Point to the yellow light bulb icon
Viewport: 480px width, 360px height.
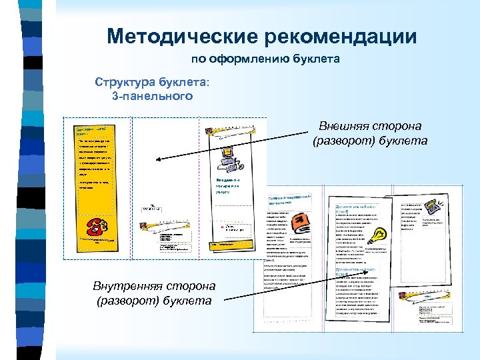click(379, 235)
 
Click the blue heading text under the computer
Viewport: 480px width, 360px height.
click(227, 185)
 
